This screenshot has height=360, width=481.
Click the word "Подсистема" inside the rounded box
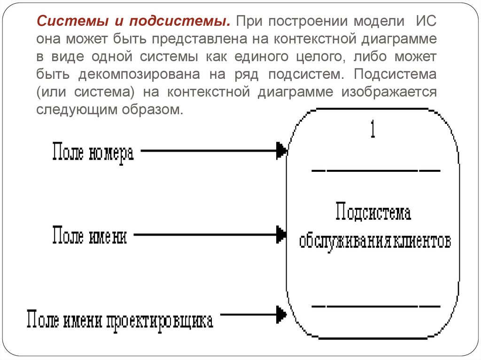(374, 213)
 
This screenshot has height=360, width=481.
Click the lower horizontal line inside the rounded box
(376, 306)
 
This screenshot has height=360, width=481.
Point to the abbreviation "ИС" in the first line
(426, 22)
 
